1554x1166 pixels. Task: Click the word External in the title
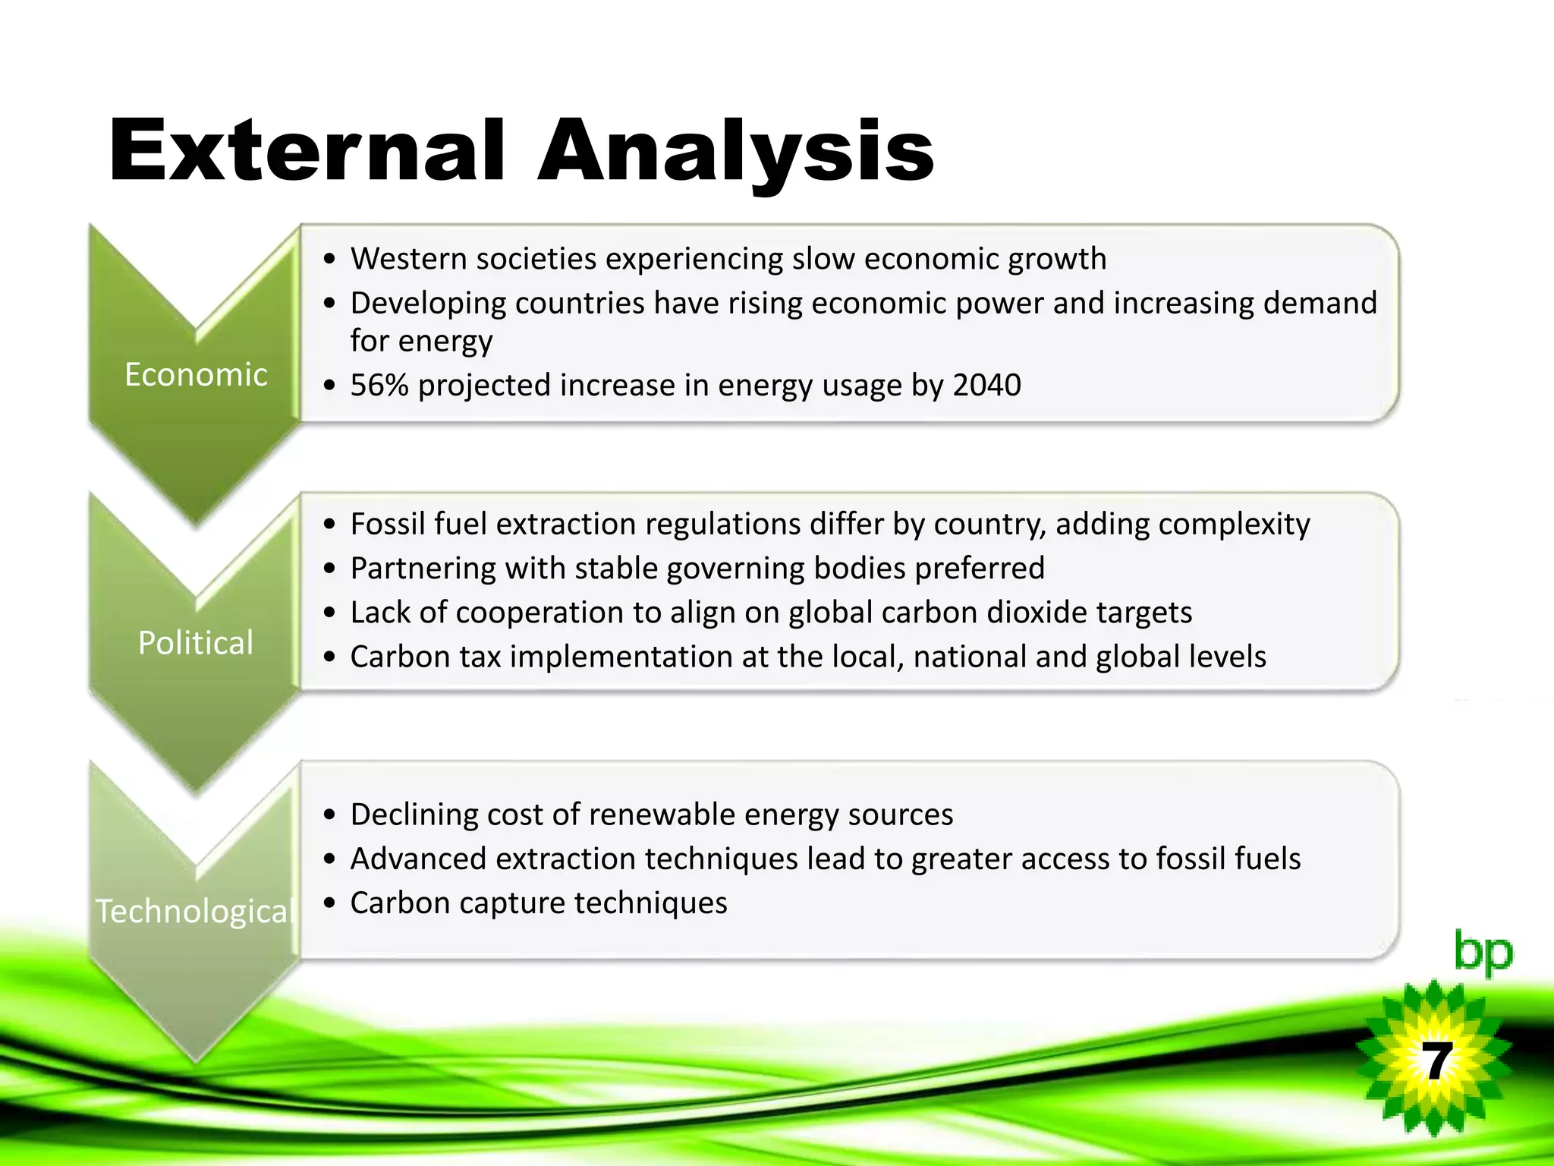(307, 151)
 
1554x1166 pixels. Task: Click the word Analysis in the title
(735, 151)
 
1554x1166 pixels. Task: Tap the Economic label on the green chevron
(196, 375)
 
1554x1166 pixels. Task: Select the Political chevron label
(196, 643)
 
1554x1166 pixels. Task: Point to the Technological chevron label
(196, 911)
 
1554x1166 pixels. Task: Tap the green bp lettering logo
(1483, 952)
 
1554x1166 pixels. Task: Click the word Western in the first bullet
(407, 259)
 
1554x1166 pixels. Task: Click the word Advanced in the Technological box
(418, 859)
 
